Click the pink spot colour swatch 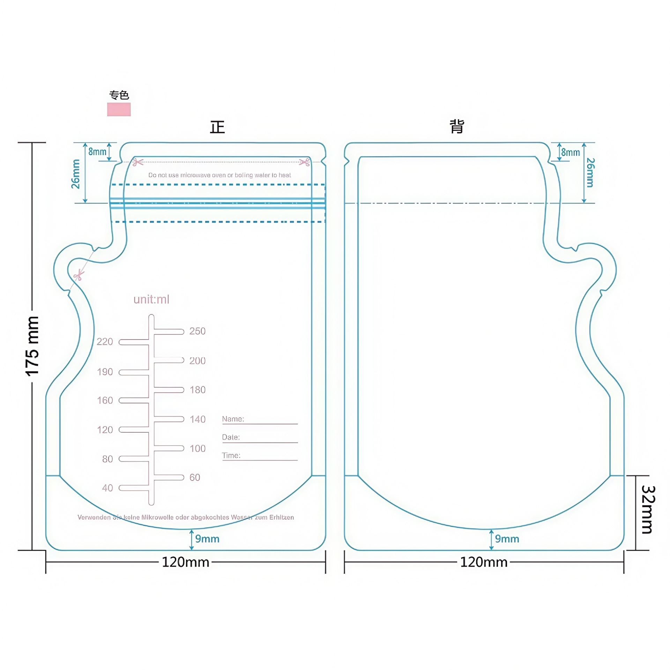119,109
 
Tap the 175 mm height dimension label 32,346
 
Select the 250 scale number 197,331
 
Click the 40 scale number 107,488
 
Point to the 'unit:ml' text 151,299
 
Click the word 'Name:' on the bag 233,419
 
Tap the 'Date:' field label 231,437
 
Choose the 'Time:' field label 231,455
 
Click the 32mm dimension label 648,509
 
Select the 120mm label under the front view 185,562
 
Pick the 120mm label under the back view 484,562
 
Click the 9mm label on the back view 507,539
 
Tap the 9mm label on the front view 207,539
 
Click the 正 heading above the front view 217,127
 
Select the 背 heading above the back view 456,126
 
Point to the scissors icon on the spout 79,275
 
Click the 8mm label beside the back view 570,152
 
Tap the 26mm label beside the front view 76,174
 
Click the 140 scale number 198,419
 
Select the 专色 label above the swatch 119,95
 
